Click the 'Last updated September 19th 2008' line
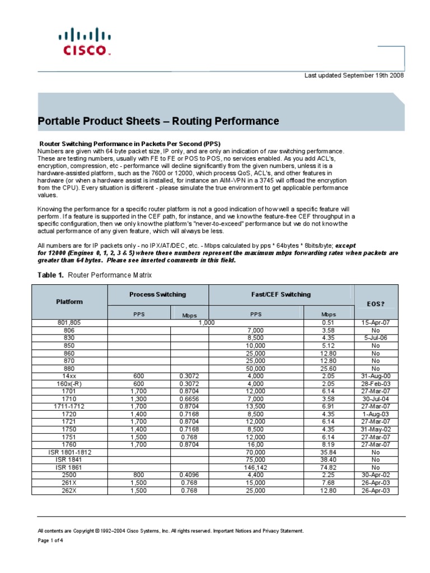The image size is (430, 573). (354, 75)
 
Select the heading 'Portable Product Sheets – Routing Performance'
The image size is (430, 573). (158, 121)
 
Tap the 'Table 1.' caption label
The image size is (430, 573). (51, 275)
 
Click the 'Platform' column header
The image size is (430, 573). (69, 302)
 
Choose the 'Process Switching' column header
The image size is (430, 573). (157, 294)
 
